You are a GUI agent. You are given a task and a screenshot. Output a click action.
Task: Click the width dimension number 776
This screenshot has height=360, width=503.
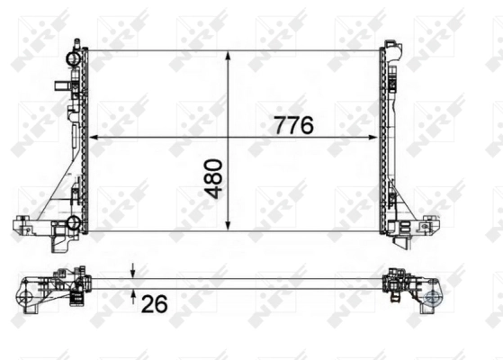point(293,125)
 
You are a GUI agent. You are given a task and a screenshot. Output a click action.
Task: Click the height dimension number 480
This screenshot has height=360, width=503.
point(212,179)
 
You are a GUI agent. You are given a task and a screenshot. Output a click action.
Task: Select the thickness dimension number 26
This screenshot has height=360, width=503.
point(154,304)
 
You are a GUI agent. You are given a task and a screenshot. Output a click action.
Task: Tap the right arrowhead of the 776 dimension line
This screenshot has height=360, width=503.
point(375,137)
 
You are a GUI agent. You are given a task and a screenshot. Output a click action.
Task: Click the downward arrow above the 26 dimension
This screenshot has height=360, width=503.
point(133,273)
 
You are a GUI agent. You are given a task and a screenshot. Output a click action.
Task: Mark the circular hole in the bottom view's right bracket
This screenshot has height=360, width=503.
point(433,296)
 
